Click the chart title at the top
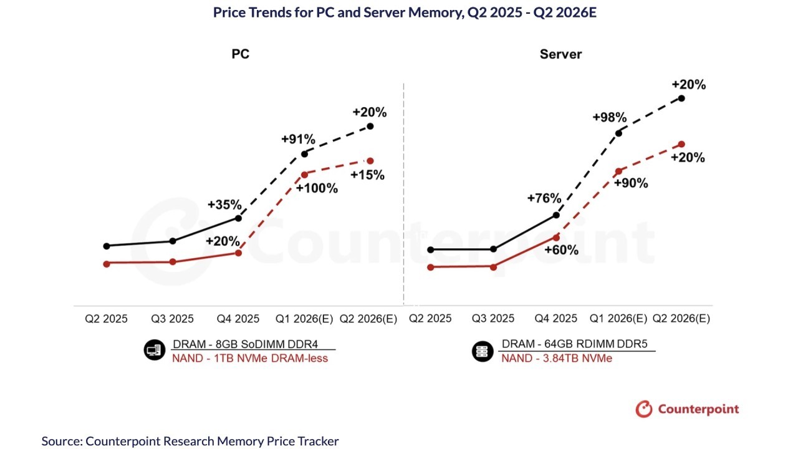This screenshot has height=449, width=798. coord(405,12)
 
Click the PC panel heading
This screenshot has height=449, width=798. coord(241,54)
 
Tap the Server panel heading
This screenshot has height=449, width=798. coord(560,54)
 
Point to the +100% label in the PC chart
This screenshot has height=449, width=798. coord(317,188)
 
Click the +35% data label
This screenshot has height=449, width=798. coord(224,205)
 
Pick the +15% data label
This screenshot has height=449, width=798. coord(368,175)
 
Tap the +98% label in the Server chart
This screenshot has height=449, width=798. coord(609,117)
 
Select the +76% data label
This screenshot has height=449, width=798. coord(544,198)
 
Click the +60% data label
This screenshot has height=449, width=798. coord(561,250)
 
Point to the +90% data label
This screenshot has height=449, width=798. coord(631,183)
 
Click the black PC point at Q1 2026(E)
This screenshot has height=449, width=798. coord(304,153)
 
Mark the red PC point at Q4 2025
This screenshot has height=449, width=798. coord(238,253)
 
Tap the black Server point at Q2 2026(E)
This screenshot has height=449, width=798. coord(681,98)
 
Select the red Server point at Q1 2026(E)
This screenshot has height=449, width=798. coord(618,171)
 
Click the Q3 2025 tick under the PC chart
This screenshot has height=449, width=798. coord(173,319)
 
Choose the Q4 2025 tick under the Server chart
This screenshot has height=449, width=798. coord(556,319)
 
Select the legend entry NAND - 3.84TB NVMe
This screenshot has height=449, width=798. coord(557,358)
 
